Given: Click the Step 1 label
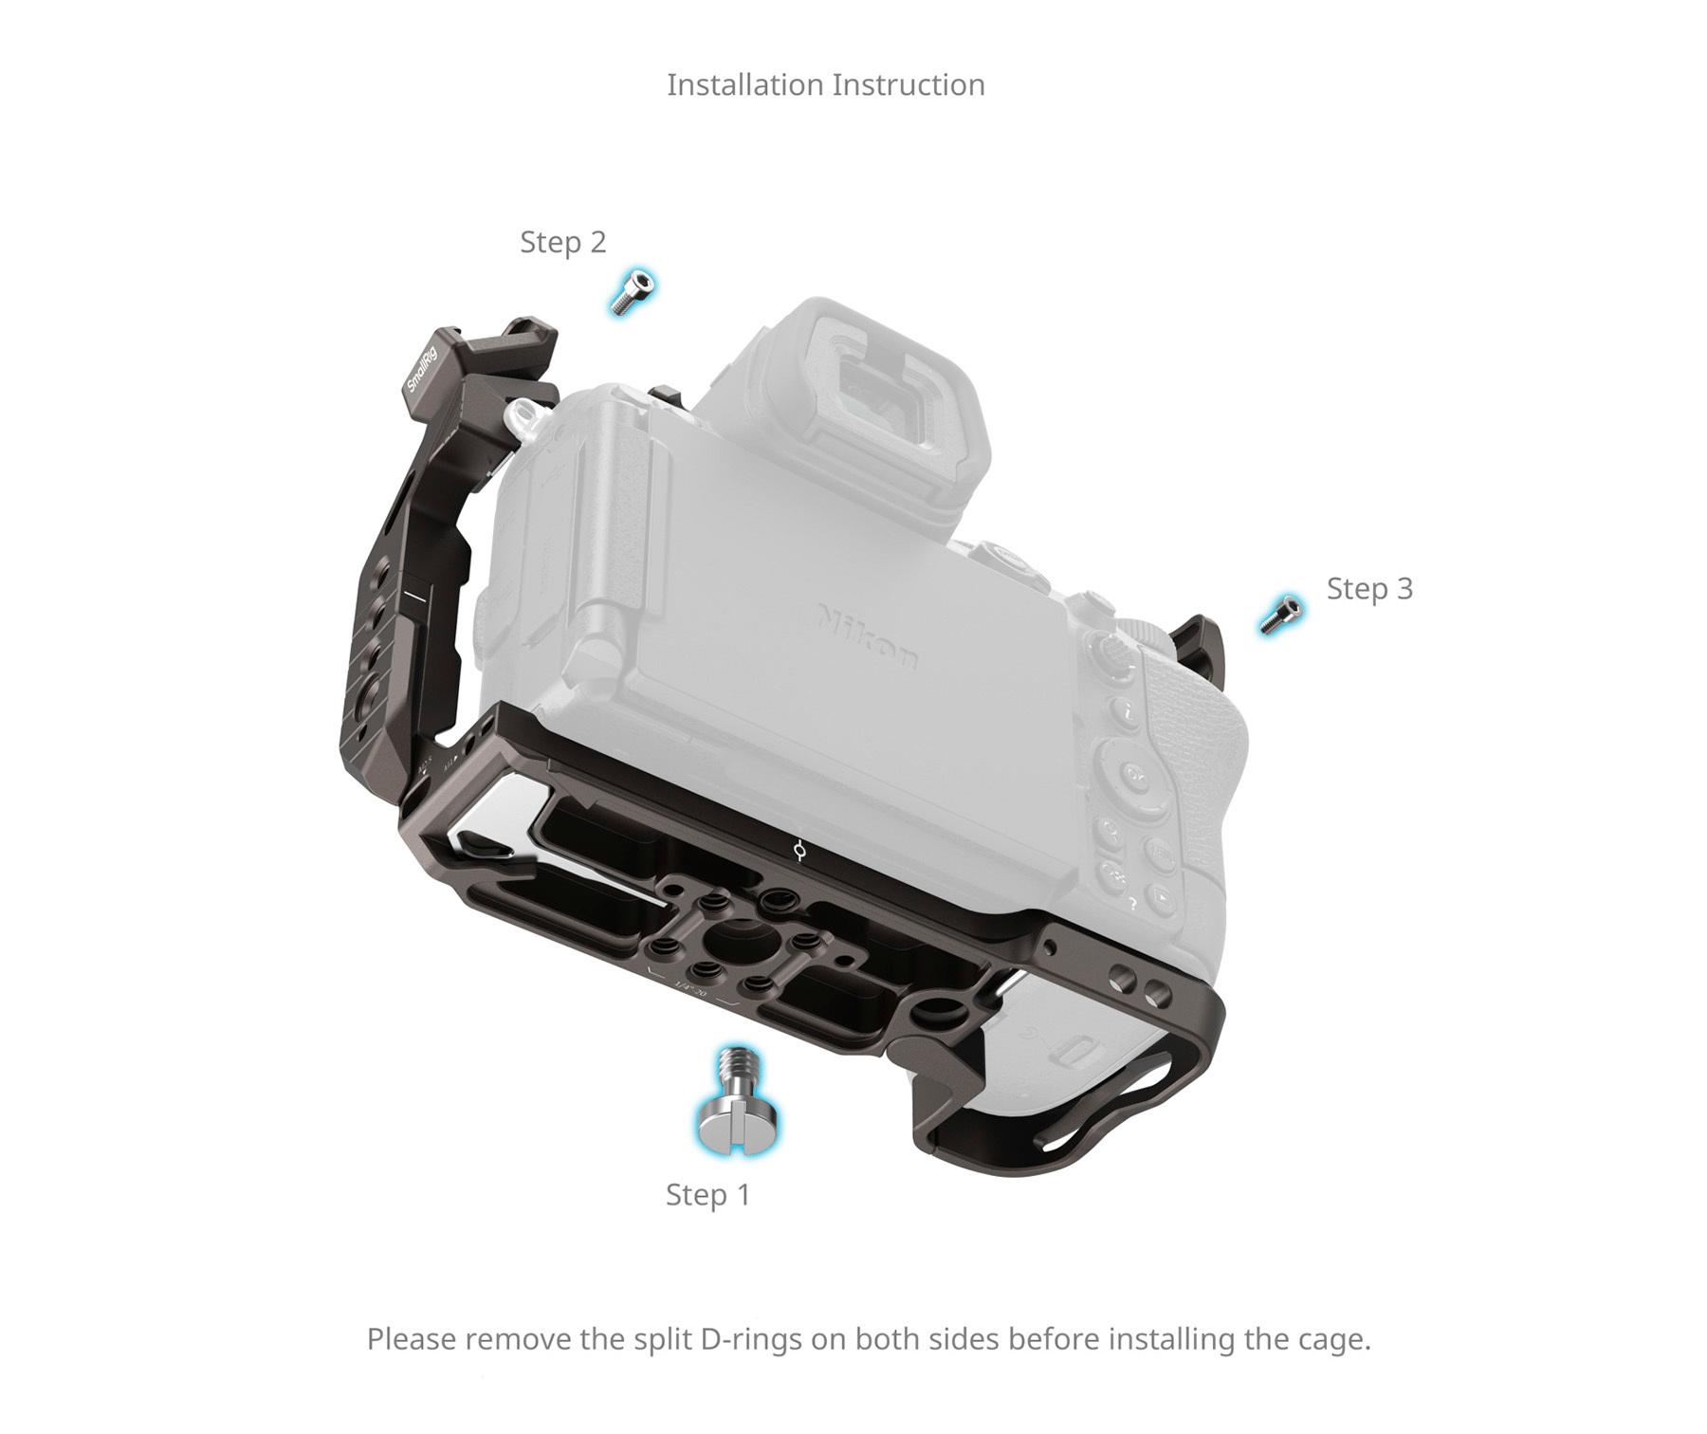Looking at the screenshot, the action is click(x=707, y=1194).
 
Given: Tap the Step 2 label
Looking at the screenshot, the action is click(x=562, y=242).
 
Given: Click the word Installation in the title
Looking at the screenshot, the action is click(x=745, y=84).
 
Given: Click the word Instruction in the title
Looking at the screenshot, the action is click(x=909, y=84).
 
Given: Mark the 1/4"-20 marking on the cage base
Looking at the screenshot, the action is click(x=690, y=991).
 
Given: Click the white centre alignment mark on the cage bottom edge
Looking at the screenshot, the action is click(x=802, y=852).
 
